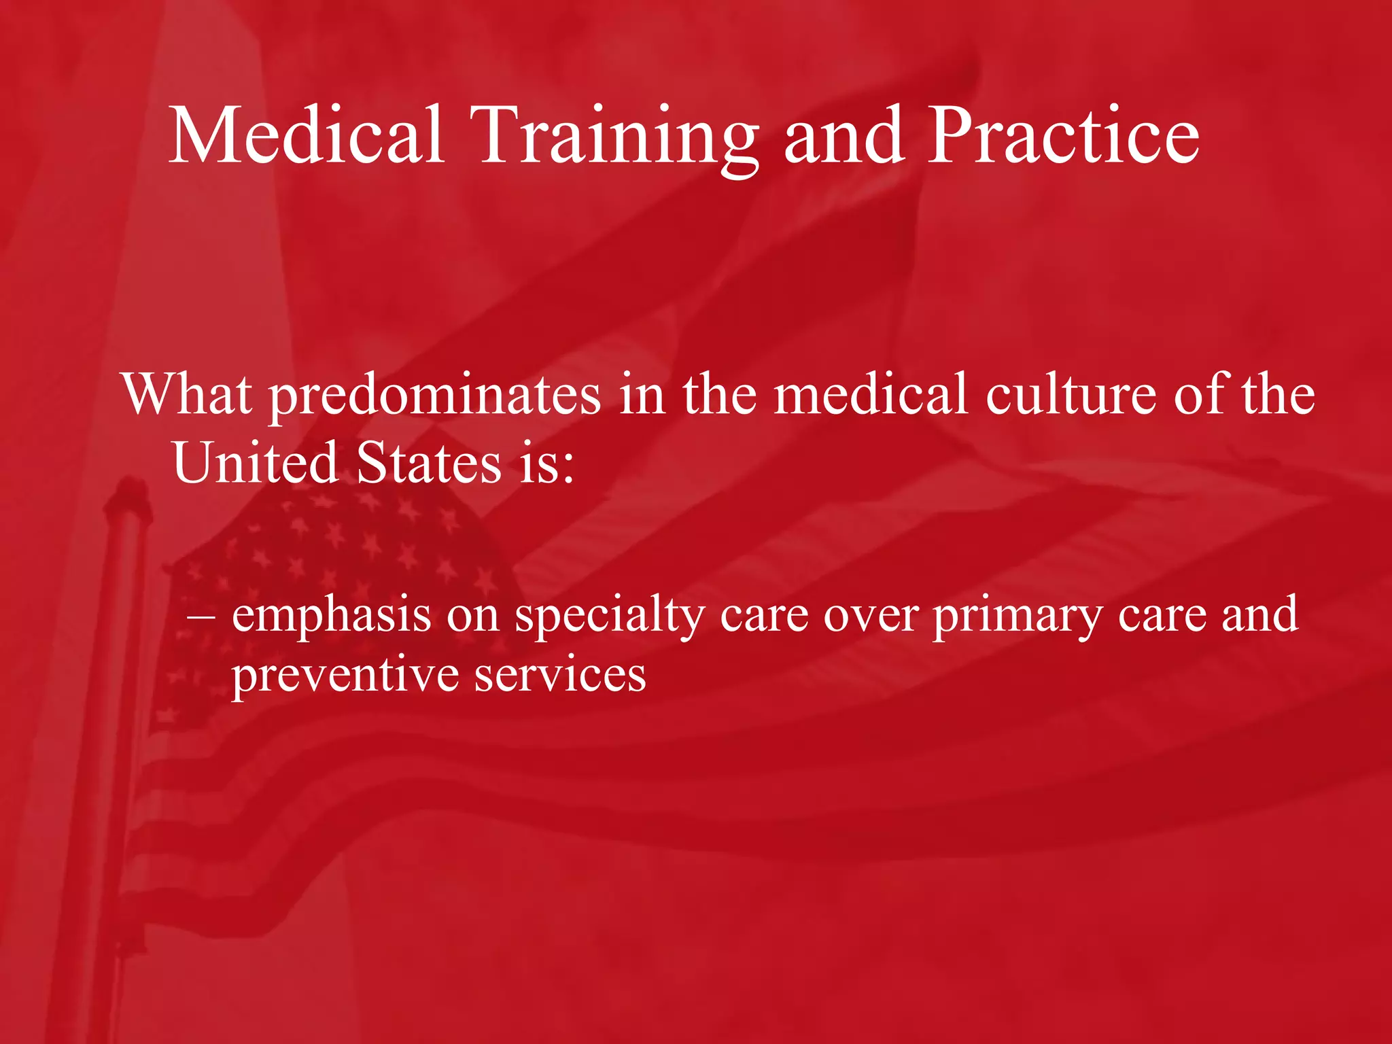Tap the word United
pyautogui.click(x=255, y=462)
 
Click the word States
pyautogui.click(x=429, y=462)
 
